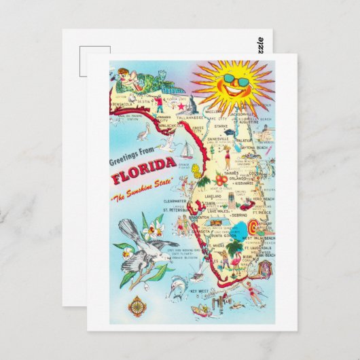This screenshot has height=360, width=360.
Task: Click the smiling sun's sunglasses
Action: [x=235, y=82]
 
